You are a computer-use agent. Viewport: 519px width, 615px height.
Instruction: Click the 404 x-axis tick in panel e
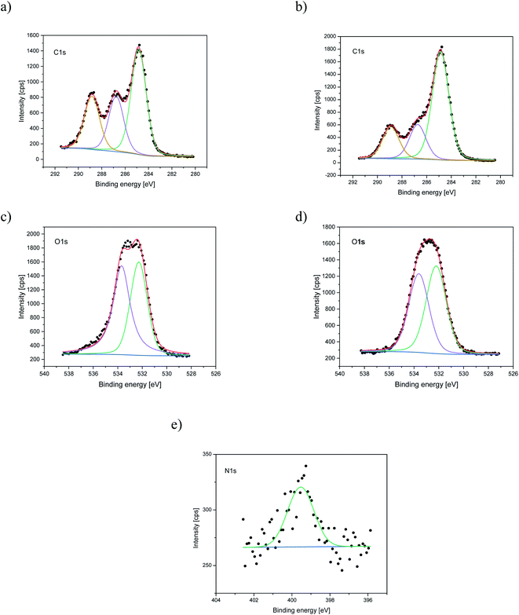point(217,599)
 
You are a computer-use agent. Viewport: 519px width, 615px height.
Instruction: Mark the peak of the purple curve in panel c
point(121,265)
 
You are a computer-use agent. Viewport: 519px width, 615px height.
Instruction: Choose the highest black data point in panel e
point(305,466)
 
